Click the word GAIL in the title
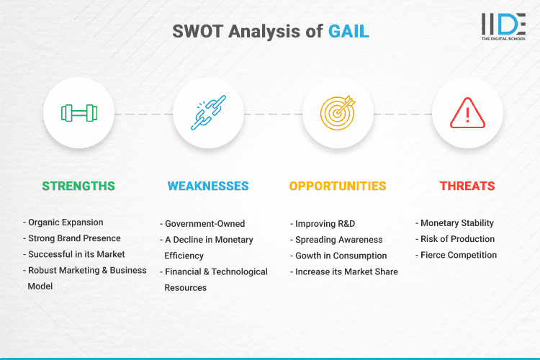pyautogui.click(x=349, y=31)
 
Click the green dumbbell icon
pyautogui.click(x=79, y=113)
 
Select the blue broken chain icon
pyautogui.click(x=208, y=113)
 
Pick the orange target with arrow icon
pyautogui.click(x=338, y=113)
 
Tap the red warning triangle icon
pyautogui.click(x=467, y=113)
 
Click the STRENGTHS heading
pyautogui.click(x=78, y=186)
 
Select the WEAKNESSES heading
pyautogui.click(x=208, y=186)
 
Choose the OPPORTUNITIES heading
pyautogui.click(x=338, y=186)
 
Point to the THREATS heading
pyautogui.click(x=467, y=186)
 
